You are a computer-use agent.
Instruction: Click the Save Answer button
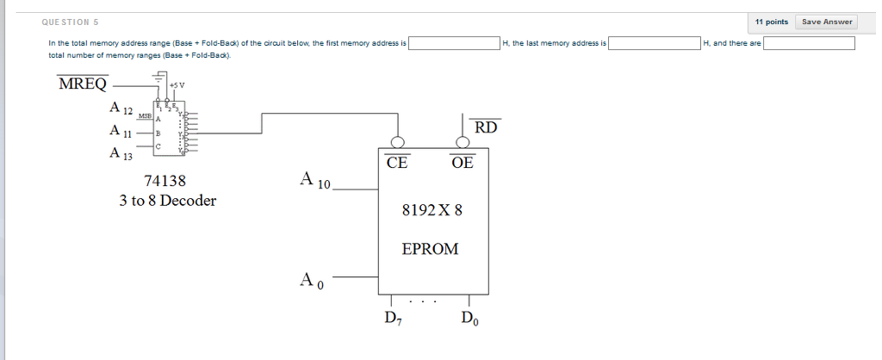(827, 22)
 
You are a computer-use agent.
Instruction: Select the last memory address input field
(655, 43)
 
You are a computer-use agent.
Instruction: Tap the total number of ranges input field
(809, 43)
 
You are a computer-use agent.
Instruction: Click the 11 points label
(771, 22)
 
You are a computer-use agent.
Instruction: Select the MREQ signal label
(83, 84)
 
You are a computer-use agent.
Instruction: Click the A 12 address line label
(121, 109)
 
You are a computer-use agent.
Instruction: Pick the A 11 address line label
(121, 132)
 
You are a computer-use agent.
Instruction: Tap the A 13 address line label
(121, 154)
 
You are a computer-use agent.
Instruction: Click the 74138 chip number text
(165, 181)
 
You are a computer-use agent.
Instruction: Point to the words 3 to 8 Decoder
(168, 201)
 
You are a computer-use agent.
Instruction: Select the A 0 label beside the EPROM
(311, 280)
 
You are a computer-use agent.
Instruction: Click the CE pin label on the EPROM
(397, 162)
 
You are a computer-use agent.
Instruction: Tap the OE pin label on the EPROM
(462, 162)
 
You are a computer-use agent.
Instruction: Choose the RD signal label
(486, 127)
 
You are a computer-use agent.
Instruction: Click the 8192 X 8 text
(432, 209)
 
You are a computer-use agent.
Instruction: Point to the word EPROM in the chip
(431, 249)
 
